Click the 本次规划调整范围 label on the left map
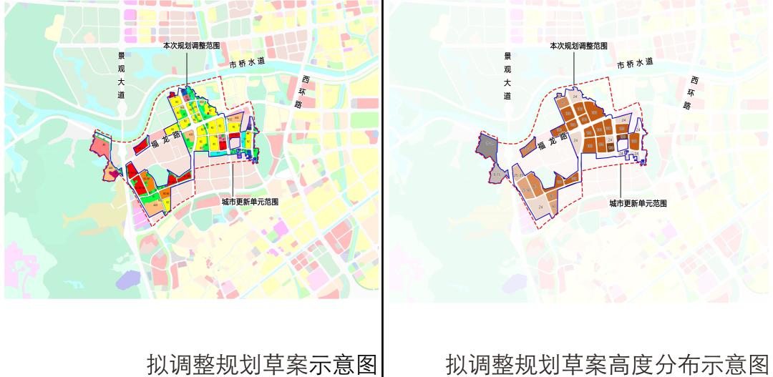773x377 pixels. tap(190, 44)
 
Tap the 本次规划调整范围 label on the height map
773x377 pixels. tap(578, 46)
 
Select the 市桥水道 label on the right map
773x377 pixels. tap(635, 63)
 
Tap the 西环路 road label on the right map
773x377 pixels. tap(691, 92)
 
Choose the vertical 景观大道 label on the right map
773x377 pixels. tap(507, 75)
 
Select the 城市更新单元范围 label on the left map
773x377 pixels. tap(249, 202)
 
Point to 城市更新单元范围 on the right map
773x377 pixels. tap(638, 203)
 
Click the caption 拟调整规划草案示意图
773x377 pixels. tap(261, 362)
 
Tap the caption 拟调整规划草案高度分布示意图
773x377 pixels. tap(608, 362)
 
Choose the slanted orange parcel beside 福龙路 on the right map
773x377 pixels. tap(529, 147)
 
